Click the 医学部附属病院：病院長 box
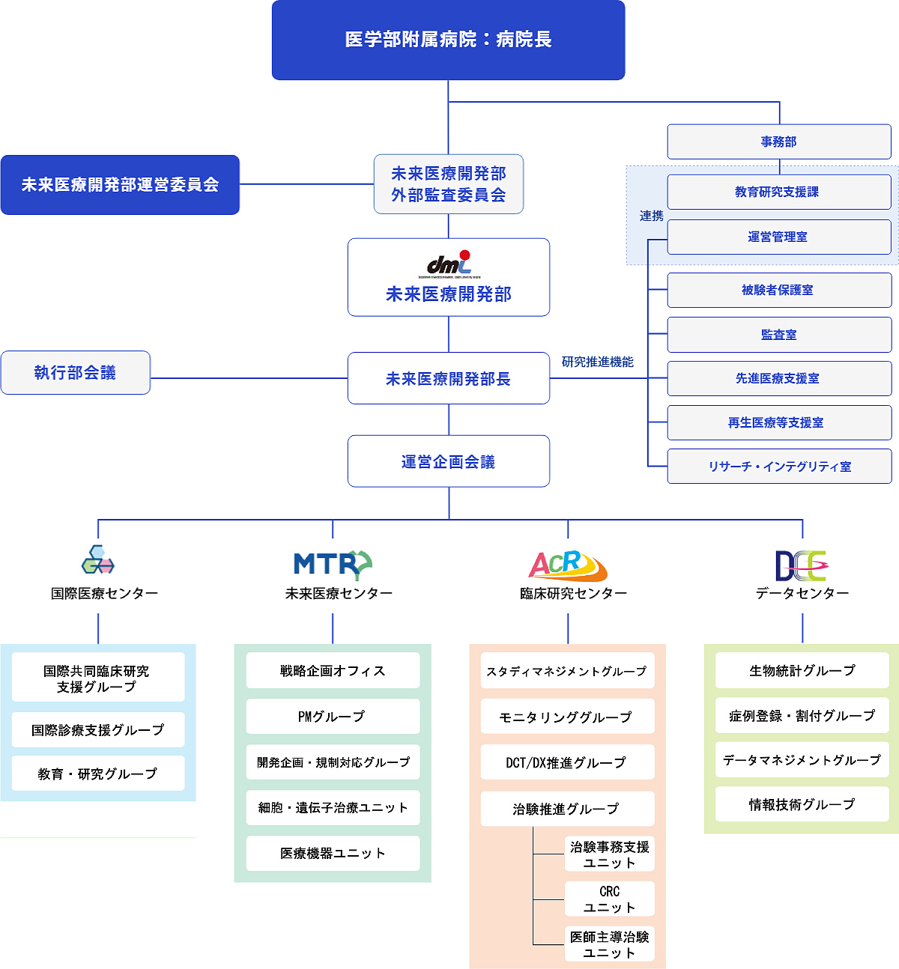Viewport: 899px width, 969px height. click(x=448, y=40)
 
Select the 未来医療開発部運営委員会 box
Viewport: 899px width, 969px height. click(x=120, y=185)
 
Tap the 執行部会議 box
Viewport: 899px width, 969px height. click(x=76, y=373)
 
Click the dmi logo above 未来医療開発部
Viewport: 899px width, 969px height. click(x=449, y=264)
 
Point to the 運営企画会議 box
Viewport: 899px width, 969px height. click(x=448, y=461)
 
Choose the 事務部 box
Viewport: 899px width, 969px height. click(x=779, y=142)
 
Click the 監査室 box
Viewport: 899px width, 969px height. click(x=779, y=335)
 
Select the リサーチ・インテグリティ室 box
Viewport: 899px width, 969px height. click(x=779, y=467)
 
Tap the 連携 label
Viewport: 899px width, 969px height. click(x=651, y=216)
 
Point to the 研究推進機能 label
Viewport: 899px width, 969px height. click(x=597, y=362)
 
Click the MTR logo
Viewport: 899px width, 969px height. click(x=333, y=564)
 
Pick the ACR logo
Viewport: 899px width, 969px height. click(x=567, y=565)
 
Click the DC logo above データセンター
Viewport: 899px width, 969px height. click(x=800, y=565)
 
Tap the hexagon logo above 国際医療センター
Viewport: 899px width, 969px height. click(x=98, y=560)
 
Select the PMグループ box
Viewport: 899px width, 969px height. click(x=333, y=717)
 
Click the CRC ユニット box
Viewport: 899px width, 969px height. click(x=609, y=899)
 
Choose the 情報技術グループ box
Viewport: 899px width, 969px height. click(x=802, y=804)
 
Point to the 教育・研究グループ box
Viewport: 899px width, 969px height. click(x=98, y=774)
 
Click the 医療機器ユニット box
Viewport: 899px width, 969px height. click(x=333, y=853)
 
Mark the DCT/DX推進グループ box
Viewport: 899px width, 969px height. click(x=567, y=762)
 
